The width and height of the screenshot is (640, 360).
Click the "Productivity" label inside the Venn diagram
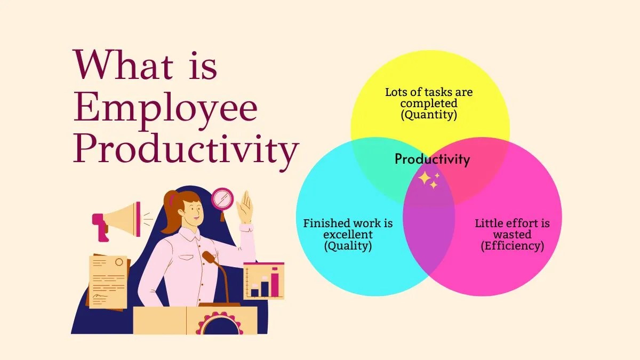point(432,159)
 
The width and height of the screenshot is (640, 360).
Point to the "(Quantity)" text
point(429,114)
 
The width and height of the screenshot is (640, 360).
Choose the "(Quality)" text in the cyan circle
point(348,246)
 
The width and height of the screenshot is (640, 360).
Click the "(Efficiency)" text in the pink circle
point(512,246)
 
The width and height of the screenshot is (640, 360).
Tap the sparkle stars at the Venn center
point(429,180)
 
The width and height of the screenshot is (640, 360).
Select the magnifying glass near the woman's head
point(222,199)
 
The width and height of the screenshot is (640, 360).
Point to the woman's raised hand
point(245,206)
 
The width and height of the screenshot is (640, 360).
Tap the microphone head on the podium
point(209,258)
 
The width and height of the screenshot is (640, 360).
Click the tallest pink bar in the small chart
point(275,283)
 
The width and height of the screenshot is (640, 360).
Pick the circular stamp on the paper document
point(118,262)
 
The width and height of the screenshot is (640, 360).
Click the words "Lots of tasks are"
point(429,92)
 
